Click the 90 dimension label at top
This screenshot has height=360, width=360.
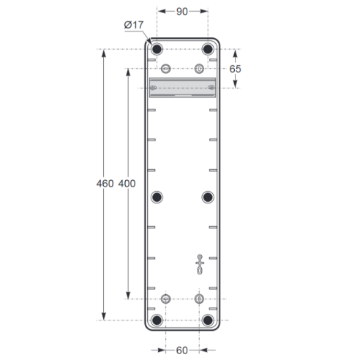point(182,12)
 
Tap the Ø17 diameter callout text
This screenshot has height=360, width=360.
point(134,25)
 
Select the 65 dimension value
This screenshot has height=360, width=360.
point(235,69)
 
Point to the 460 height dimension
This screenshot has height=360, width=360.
point(105,184)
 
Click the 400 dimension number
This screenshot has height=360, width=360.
point(127,184)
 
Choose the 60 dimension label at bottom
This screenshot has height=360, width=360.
point(182,350)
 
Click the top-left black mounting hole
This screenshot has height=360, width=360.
point(157,49)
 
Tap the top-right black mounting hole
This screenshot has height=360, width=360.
point(208,49)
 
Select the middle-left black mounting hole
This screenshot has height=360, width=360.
point(157,197)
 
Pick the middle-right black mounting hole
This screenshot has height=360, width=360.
point(208,197)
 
